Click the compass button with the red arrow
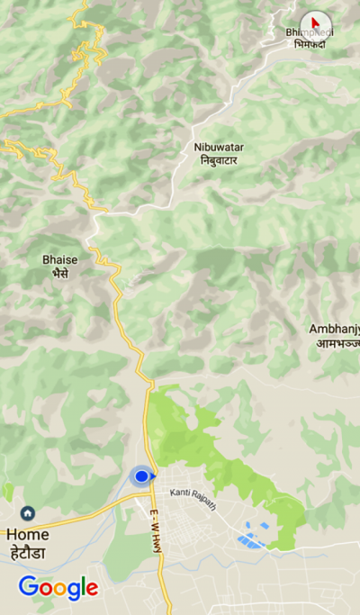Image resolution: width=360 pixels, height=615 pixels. coord(315,23)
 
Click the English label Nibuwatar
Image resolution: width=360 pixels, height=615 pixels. coord(219,147)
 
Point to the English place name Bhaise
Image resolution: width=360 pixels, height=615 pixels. coord(60,259)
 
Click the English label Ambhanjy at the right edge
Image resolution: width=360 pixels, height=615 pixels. coord(335,329)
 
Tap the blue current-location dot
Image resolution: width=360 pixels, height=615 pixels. coord(141,475)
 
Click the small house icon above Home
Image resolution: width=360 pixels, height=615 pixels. coord(28,513)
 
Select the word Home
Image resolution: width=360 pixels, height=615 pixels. coord(28,533)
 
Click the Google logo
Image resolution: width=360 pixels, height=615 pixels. coord(58,588)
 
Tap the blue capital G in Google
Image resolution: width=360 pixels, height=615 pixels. coord(28,587)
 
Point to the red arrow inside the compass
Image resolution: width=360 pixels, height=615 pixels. coord(314,20)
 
